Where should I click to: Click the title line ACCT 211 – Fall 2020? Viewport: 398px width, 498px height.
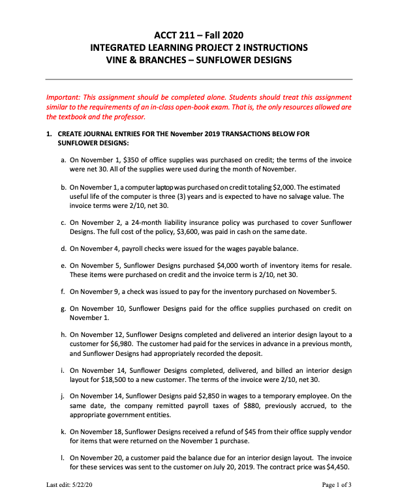(x=198, y=34)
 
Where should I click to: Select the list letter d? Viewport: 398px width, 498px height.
(x=62, y=248)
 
